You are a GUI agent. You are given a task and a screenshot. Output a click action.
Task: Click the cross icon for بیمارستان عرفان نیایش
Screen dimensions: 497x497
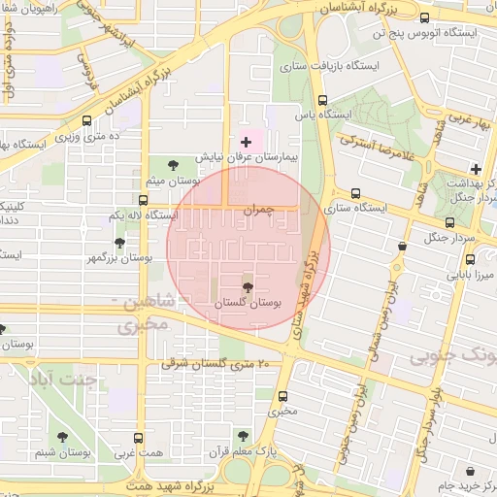[x=246, y=143]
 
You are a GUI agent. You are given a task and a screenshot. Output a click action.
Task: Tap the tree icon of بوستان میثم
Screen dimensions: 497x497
[x=174, y=164]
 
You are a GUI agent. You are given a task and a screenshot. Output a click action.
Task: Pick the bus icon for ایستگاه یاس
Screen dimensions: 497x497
[x=323, y=99]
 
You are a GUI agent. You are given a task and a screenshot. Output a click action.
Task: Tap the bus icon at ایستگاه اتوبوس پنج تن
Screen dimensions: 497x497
[x=424, y=17]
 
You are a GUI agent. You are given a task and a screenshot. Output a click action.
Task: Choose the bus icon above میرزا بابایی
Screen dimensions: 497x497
[x=471, y=259]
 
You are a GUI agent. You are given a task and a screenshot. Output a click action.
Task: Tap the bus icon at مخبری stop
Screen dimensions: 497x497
[x=283, y=396]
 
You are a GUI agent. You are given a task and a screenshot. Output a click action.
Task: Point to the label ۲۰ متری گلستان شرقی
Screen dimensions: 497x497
[x=223, y=363]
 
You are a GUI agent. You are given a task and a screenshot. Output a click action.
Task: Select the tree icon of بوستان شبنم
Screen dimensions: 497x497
[x=63, y=437]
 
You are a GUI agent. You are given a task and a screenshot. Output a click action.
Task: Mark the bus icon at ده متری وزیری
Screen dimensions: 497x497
[x=87, y=121]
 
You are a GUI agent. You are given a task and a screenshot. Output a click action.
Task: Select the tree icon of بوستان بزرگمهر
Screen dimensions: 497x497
[x=119, y=243]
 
